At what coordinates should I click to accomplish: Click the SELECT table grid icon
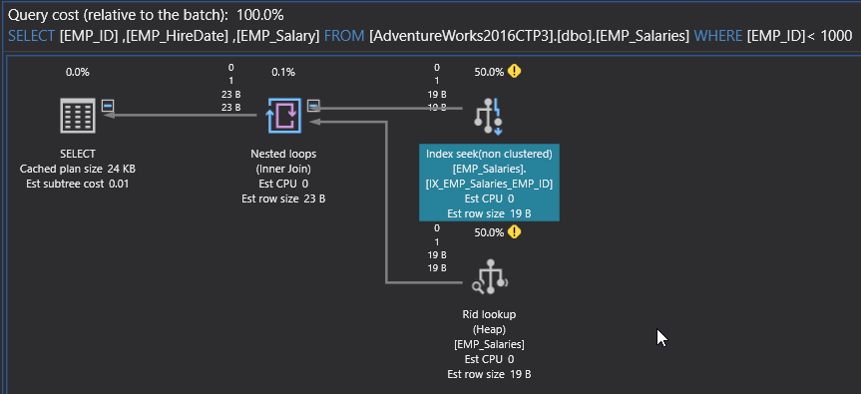pyautogui.click(x=78, y=116)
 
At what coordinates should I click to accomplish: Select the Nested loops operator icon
pyautogui.click(x=284, y=116)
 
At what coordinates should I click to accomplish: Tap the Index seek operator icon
pyautogui.click(x=488, y=116)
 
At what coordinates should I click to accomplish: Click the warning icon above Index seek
pyautogui.click(x=514, y=71)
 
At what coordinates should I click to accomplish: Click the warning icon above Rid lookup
pyautogui.click(x=514, y=232)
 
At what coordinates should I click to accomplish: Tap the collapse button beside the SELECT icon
pyautogui.click(x=108, y=105)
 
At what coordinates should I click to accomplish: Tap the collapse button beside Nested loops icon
pyautogui.click(x=313, y=105)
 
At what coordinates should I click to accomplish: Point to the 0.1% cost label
pyautogui.click(x=283, y=72)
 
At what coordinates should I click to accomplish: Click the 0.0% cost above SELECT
pyautogui.click(x=78, y=72)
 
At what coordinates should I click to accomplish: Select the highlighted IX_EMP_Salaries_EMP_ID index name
pyautogui.click(x=489, y=184)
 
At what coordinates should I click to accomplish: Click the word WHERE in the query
pyautogui.click(x=717, y=37)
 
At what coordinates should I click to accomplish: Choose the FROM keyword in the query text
pyautogui.click(x=344, y=37)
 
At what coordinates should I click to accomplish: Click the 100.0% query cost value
pyautogui.click(x=260, y=14)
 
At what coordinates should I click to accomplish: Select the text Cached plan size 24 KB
pyautogui.click(x=78, y=169)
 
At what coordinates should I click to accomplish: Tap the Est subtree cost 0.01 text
pyautogui.click(x=78, y=184)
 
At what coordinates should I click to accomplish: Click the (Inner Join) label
pyautogui.click(x=283, y=169)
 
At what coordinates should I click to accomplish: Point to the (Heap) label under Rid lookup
pyautogui.click(x=489, y=330)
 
